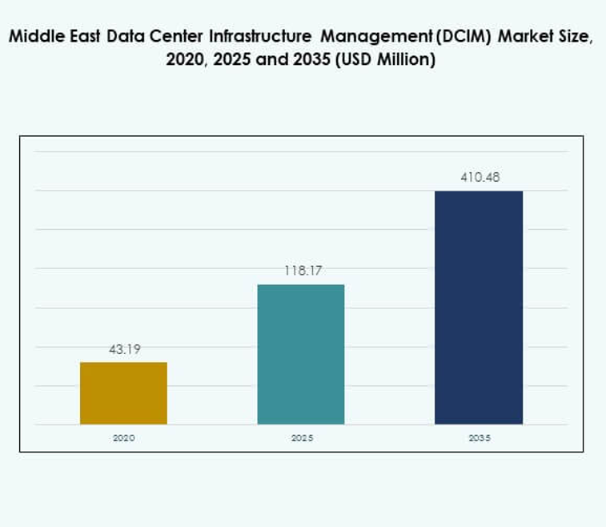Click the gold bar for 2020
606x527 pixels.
(123, 393)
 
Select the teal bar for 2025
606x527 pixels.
(301, 354)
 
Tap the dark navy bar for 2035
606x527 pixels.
(478, 308)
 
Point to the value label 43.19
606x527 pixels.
(124, 349)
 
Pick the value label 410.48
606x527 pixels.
(480, 177)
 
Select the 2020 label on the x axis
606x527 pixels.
(123, 438)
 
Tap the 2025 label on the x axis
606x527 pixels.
(301, 438)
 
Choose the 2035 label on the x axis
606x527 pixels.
(479, 438)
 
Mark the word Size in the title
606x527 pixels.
(576, 38)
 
